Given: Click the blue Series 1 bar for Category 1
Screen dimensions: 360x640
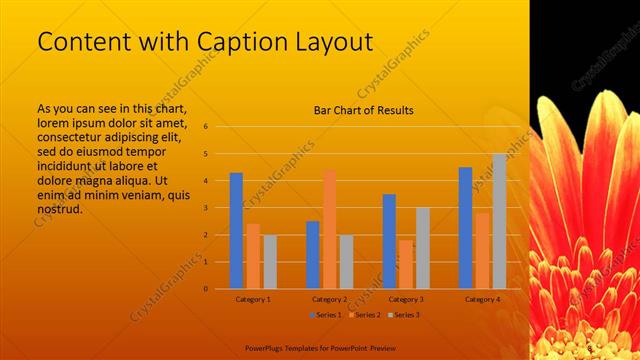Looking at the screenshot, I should [x=236, y=231].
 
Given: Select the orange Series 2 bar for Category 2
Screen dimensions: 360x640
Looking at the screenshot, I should [x=330, y=229].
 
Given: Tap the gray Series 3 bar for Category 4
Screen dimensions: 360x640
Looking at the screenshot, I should [x=499, y=221].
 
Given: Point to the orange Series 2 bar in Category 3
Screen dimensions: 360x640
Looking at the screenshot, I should [x=406, y=264].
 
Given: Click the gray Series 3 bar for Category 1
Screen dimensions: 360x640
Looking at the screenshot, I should [x=270, y=262].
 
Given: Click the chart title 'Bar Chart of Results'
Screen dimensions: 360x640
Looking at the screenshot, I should [x=364, y=110].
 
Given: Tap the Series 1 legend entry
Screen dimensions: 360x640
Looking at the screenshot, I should [x=326, y=315].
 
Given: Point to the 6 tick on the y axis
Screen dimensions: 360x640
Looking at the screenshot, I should [x=205, y=127].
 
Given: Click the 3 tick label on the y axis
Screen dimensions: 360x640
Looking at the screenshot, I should [x=205, y=208].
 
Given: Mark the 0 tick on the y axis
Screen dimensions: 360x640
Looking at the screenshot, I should [x=205, y=289].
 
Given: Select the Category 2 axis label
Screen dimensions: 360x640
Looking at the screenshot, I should [x=329, y=299].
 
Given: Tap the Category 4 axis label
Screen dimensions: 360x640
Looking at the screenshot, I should [x=482, y=299].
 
